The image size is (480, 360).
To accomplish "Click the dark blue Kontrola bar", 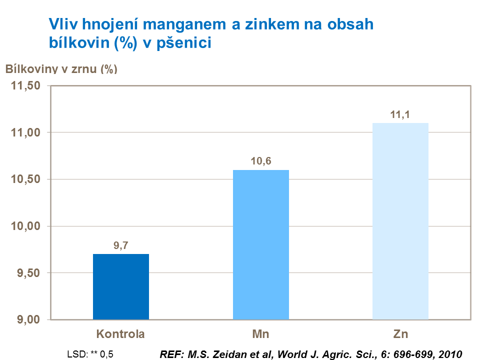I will pyautogui.click(x=121, y=286).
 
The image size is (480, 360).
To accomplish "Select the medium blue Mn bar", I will pyautogui.click(x=260, y=244).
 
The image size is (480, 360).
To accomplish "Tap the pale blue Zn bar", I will pyautogui.click(x=400, y=221).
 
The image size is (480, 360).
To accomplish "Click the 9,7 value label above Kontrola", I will pyautogui.click(x=121, y=245).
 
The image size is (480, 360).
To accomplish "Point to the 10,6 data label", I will pyautogui.click(x=260, y=161).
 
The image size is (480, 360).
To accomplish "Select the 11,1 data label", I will pyautogui.click(x=400, y=114).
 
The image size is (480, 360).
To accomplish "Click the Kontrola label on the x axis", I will pyautogui.click(x=121, y=333).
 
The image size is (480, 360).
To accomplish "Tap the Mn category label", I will pyautogui.click(x=260, y=333).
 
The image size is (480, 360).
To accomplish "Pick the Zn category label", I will pyautogui.click(x=400, y=333).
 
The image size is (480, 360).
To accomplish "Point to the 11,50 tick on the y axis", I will pyautogui.click(x=25, y=86).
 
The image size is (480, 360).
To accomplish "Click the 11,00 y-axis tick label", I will pyautogui.click(x=25, y=132).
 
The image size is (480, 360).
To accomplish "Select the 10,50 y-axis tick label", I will pyautogui.click(x=25, y=179).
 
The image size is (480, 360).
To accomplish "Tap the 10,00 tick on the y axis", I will pyautogui.click(x=25, y=226).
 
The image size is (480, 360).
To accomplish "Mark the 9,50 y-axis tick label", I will pyautogui.click(x=28, y=273).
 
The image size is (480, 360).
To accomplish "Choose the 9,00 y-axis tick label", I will pyautogui.click(x=28, y=319).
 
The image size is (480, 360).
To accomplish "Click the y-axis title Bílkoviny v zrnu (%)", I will pyautogui.click(x=61, y=69).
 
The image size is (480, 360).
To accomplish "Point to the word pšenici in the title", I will pyautogui.click(x=185, y=43).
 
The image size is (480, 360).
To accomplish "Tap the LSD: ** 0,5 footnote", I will pyautogui.click(x=90, y=354).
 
